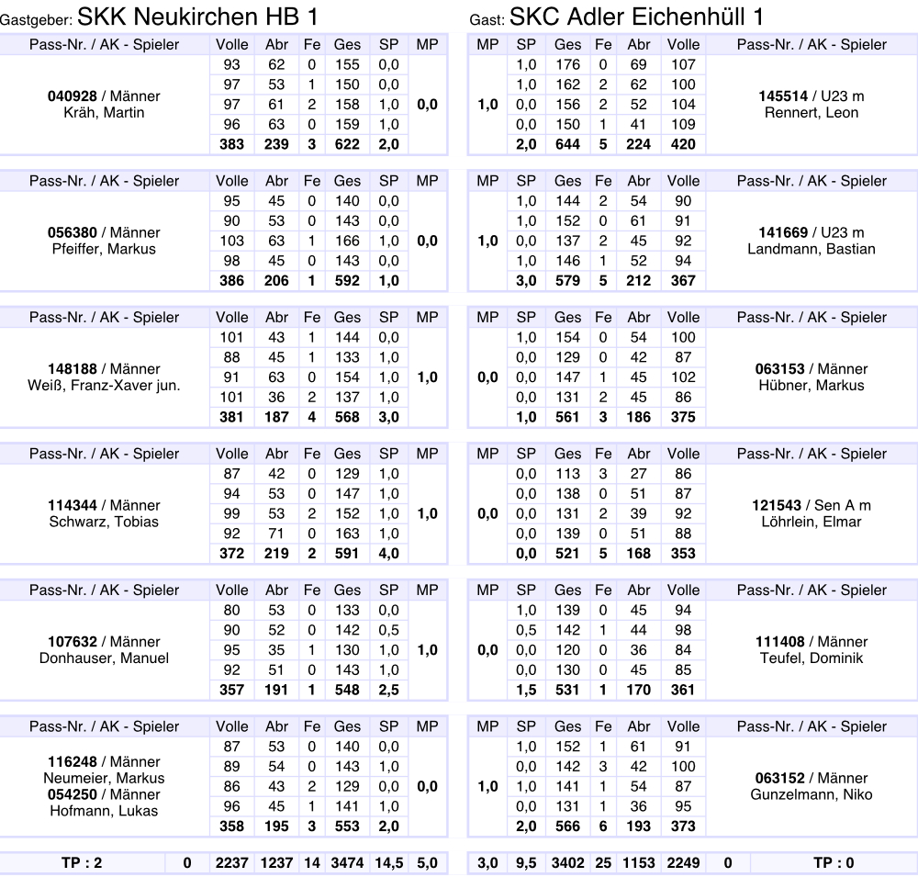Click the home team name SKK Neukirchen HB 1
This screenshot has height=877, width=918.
pyautogui.click(x=200, y=17)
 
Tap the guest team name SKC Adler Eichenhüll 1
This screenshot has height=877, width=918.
pyautogui.click(x=636, y=17)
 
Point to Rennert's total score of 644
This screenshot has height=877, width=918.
pyautogui.click(x=567, y=144)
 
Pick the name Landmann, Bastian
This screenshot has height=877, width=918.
pyautogui.click(x=811, y=249)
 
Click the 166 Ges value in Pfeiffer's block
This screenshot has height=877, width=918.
pyautogui.click(x=347, y=242)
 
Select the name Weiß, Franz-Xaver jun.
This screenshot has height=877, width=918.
pyautogui.click(x=104, y=386)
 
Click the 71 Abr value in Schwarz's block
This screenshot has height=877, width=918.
pyautogui.click(x=276, y=534)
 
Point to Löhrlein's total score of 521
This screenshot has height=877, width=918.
pyautogui.click(x=567, y=554)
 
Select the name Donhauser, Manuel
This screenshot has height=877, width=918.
pyautogui.click(x=104, y=658)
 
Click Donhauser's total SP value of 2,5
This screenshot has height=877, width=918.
pyautogui.click(x=388, y=690)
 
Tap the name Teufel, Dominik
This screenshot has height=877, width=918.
pyautogui.click(x=811, y=658)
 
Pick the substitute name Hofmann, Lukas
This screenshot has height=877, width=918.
pyautogui.click(x=104, y=811)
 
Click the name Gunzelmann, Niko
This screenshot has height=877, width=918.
pyautogui.click(x=811, y=795)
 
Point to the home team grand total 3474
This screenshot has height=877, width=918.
pyautogui.click(x=347, y=863)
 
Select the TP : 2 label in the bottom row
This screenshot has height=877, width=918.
pyautogui.click(x=84, y=863)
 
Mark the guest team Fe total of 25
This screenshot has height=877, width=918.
pyautogui.click(x=602, y=863)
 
